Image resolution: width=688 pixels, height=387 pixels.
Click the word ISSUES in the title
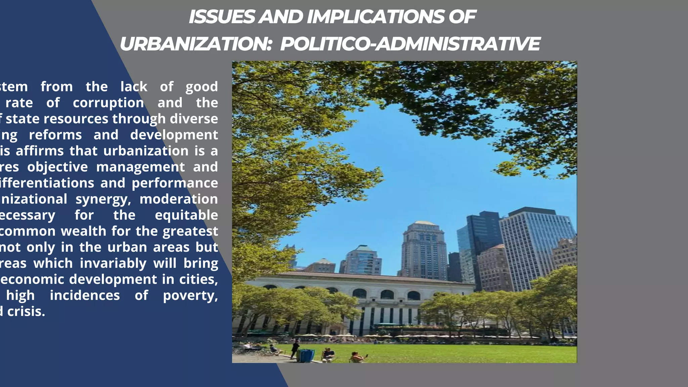(222, 17)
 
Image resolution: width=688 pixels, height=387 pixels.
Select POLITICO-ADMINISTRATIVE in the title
(410, 44)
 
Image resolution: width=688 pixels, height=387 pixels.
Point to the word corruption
(109, 103)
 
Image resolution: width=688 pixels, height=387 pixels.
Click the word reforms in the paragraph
(55, 135)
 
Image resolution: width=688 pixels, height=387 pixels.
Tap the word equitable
(186, 215)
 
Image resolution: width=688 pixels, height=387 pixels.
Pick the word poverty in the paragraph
(190, 296)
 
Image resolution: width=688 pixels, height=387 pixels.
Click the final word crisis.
(26, 312)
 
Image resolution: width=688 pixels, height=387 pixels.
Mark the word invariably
(113, 264)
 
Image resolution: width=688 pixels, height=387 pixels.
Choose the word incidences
(85, 296)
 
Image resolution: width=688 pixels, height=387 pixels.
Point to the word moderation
(179, 199)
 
